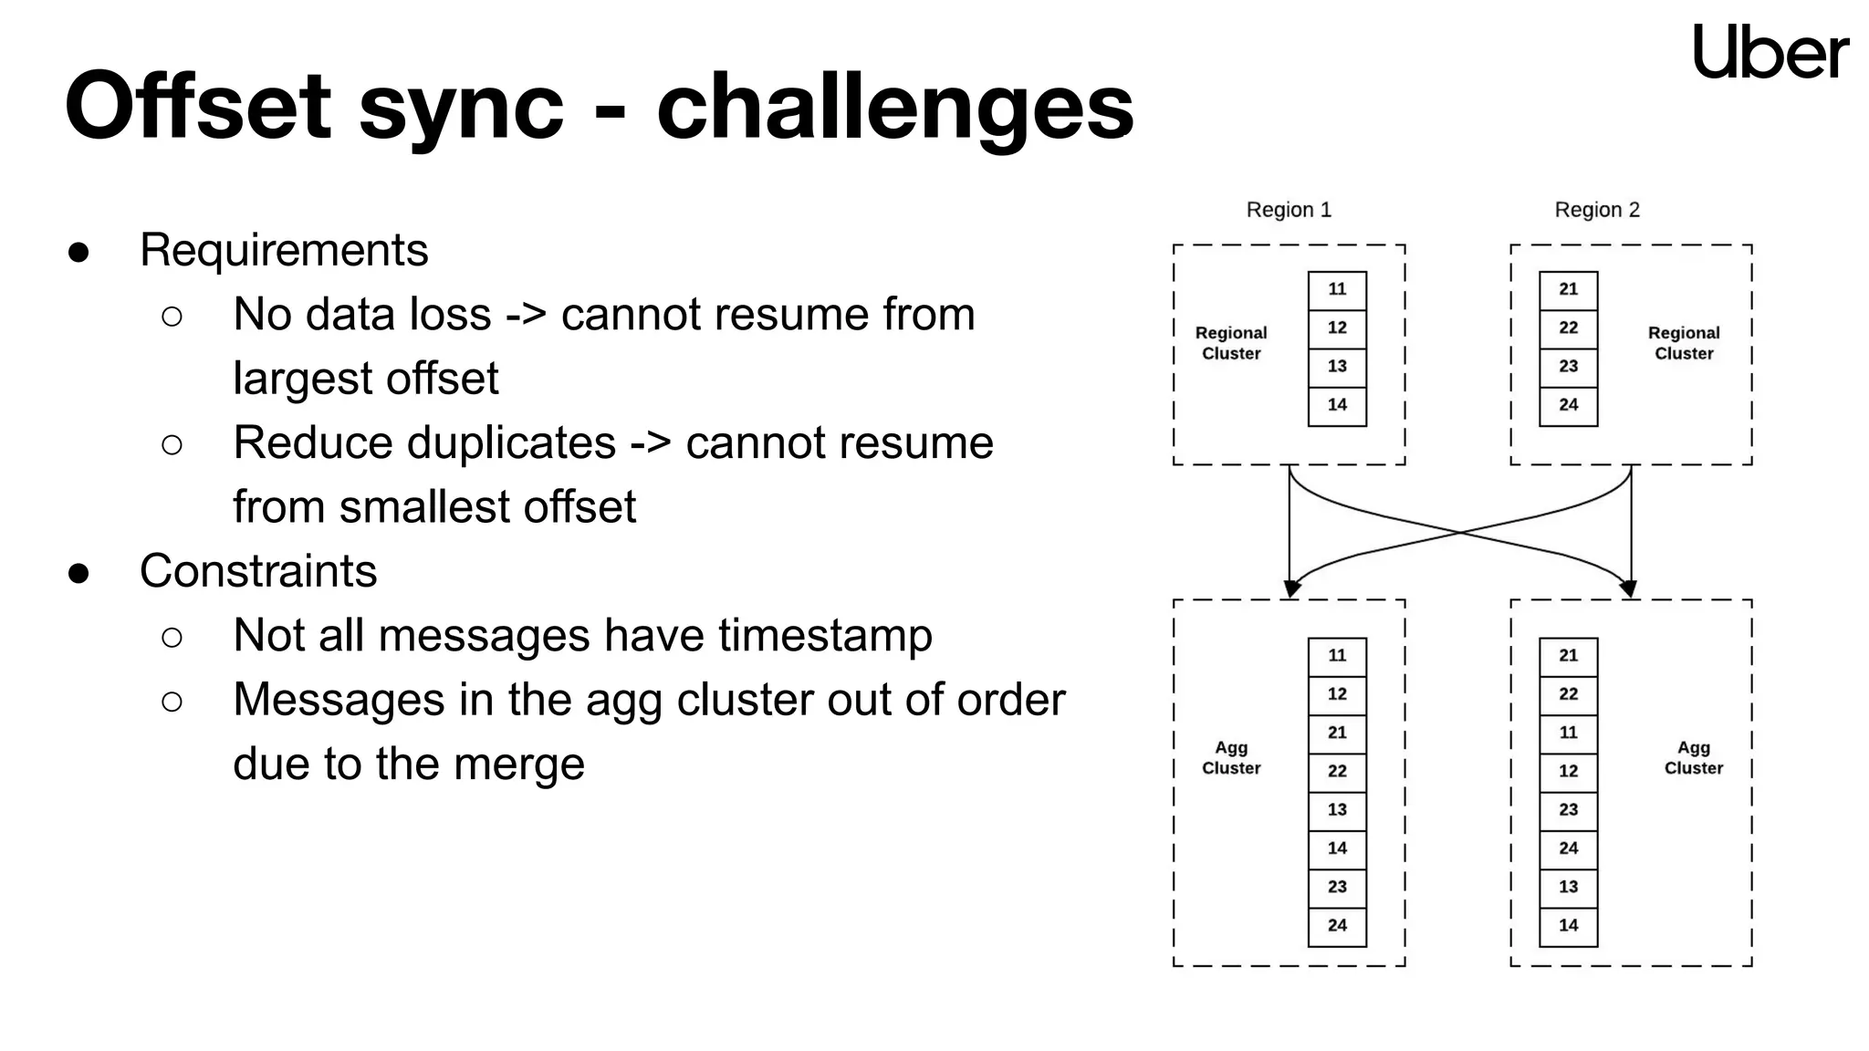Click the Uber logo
[1770, 52]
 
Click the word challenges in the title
[894, 108]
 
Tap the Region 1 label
[1289, 210]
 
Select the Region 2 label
[1597, 210]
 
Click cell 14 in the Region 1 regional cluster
[1337, 405]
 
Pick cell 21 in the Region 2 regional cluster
[1568, 290]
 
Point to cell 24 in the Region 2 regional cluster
[1568, 405]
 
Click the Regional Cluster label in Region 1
[1231, 343]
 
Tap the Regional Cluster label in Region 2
[1684, 343]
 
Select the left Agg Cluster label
[1231, 758]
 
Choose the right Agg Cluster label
[1693, 758]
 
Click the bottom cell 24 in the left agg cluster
[1337, 926]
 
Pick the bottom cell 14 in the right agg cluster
[1568, 926]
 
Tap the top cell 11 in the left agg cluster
[1337, 656]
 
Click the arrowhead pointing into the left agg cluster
[1290, 588]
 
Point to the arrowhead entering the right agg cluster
[1629, 588]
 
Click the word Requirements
[284, 250]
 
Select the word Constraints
[258, 571]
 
